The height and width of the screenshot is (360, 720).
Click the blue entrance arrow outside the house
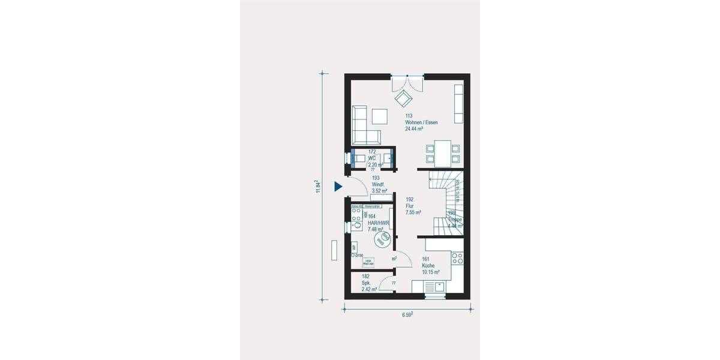point(338,186)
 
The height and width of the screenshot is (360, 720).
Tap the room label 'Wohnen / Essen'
point(421,122)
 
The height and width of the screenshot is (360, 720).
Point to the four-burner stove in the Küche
point(457,259)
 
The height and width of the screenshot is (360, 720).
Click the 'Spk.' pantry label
point(365,283)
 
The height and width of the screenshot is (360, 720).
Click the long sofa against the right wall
point(459,104)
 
